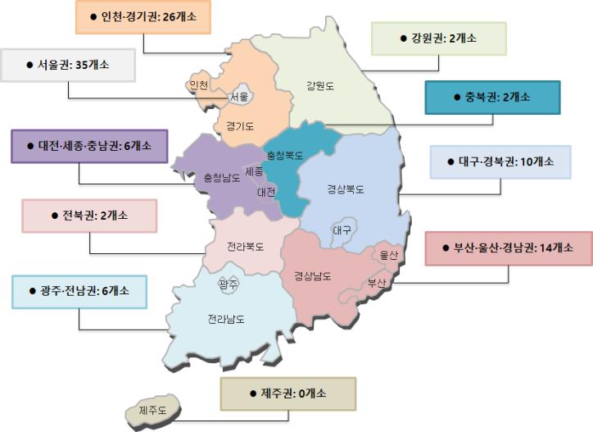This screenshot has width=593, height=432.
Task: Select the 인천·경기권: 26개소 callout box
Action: pyautogui.click(x=143, y=17)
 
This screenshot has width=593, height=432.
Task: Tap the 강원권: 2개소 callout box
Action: pyautogui.click(x=438, y=38)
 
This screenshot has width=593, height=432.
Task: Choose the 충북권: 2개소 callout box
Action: pyautogui.click(x=492, y=97)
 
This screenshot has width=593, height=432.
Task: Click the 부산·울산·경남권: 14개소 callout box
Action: pyautogui.click(x=509, y=248)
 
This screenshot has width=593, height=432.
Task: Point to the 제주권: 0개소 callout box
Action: pyautogui.click(x=287, y=393)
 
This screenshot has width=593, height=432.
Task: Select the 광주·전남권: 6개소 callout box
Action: pyautogui.click(x=79, y=291)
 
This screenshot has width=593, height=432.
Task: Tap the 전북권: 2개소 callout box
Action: pyautogui.click(x=88, y=216)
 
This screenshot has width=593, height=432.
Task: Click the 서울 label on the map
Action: pyautogui.click(x=240, y=96)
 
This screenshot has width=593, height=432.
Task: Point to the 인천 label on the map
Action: pyautogui.click(x=198, y=85)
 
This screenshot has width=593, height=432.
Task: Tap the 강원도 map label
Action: pyautogui.click(x=320, y=85)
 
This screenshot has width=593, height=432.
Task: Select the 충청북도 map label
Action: pyautogui.click(x=285, y=154)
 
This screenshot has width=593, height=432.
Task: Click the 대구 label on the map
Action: pyautogui.click(x=342, y=230)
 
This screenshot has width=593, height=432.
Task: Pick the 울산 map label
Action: pyautogui.click(x=388, y=255)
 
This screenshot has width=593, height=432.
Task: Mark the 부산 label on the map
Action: pyautogui.click(x=376, y=283)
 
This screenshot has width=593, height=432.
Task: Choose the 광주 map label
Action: pyautogui.click(x=229, y=284)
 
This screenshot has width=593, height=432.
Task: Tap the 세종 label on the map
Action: pyautogui.click(x=254, y=172)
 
